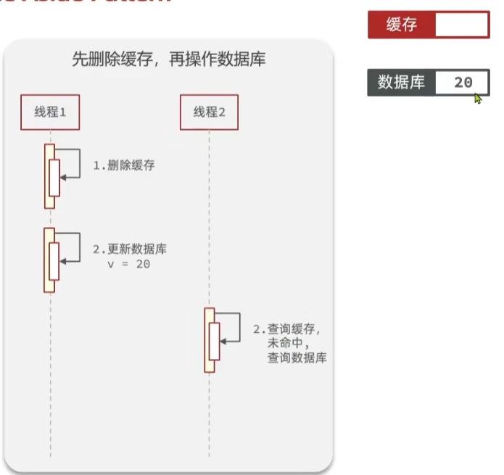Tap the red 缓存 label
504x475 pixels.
tap(402, 25)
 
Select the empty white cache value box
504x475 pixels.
tap(462, 25)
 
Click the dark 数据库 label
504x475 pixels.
tap(402, 83)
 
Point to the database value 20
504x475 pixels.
tap(463, 83)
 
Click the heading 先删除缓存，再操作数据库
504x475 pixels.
tap(168, 59)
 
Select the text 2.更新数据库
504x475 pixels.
tap(130, 249)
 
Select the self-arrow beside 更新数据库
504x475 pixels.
tap(72, 247)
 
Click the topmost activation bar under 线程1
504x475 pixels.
tap(49, 176)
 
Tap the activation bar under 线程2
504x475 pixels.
tap(210, 340)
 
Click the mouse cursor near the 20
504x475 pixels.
tap(478, 98)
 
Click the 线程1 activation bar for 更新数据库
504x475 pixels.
tap(49, 260)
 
